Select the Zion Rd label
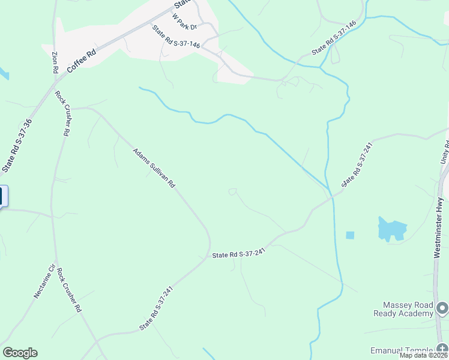(x=55, y=62)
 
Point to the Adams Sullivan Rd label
(x=154, y=169)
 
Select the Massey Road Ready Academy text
(x=403, y=309)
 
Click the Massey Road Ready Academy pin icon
(x=442, y=308)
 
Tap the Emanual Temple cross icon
(x=442, y=350)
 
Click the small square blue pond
(x=350, y=235)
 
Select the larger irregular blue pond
(x=392, y=229)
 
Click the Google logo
(x=20, y=353)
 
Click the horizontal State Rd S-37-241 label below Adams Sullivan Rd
(x=239, y=254)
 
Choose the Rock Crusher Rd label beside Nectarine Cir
(x=70, y=290)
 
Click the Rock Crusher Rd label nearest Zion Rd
(x=62, y=114)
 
